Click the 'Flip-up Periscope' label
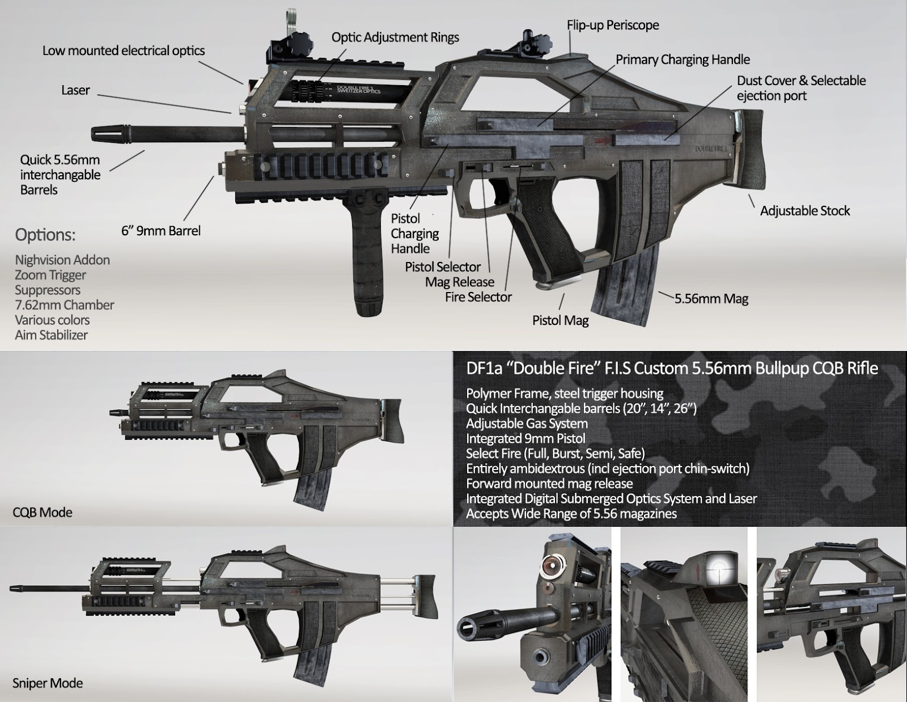(x=613, y=26)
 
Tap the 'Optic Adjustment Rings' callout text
(x=395, y=37)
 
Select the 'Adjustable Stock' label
(x=805, y=211)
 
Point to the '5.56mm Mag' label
(x=711, y=299)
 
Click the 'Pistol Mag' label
(x=560, y=320)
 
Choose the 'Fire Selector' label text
(x=478, y=297)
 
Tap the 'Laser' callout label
(x=75, y=90)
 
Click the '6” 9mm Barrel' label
(x=161, y=231)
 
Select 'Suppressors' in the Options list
(x=48, y=290)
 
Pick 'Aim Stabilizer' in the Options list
(x=52, y=335)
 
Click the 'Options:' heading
(x=45, y=235)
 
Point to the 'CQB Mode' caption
(x=43, y=512)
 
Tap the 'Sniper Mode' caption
(x=48, y=683)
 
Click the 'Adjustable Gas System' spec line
(x=527, y=424)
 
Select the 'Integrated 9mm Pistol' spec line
(x=525, y=438)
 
